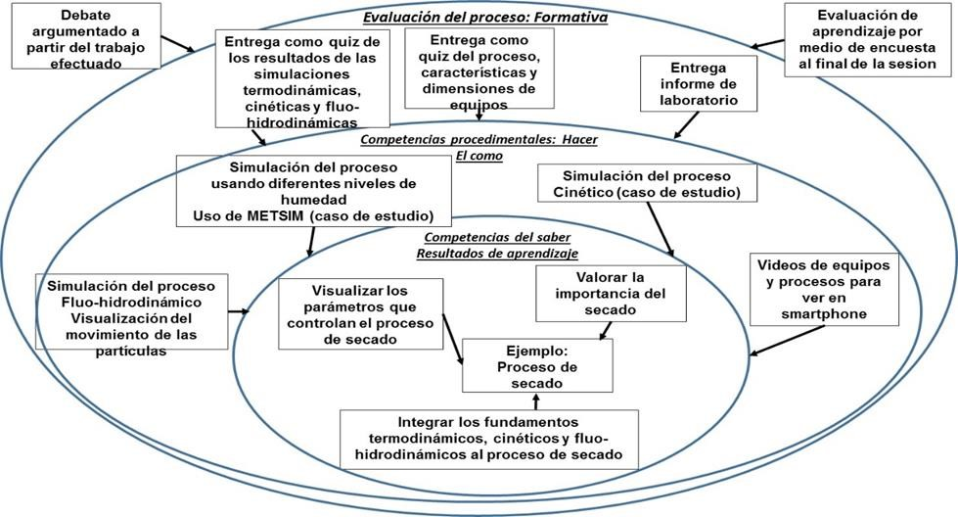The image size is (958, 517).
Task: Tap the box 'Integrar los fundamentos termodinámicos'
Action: click(490, 439)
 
